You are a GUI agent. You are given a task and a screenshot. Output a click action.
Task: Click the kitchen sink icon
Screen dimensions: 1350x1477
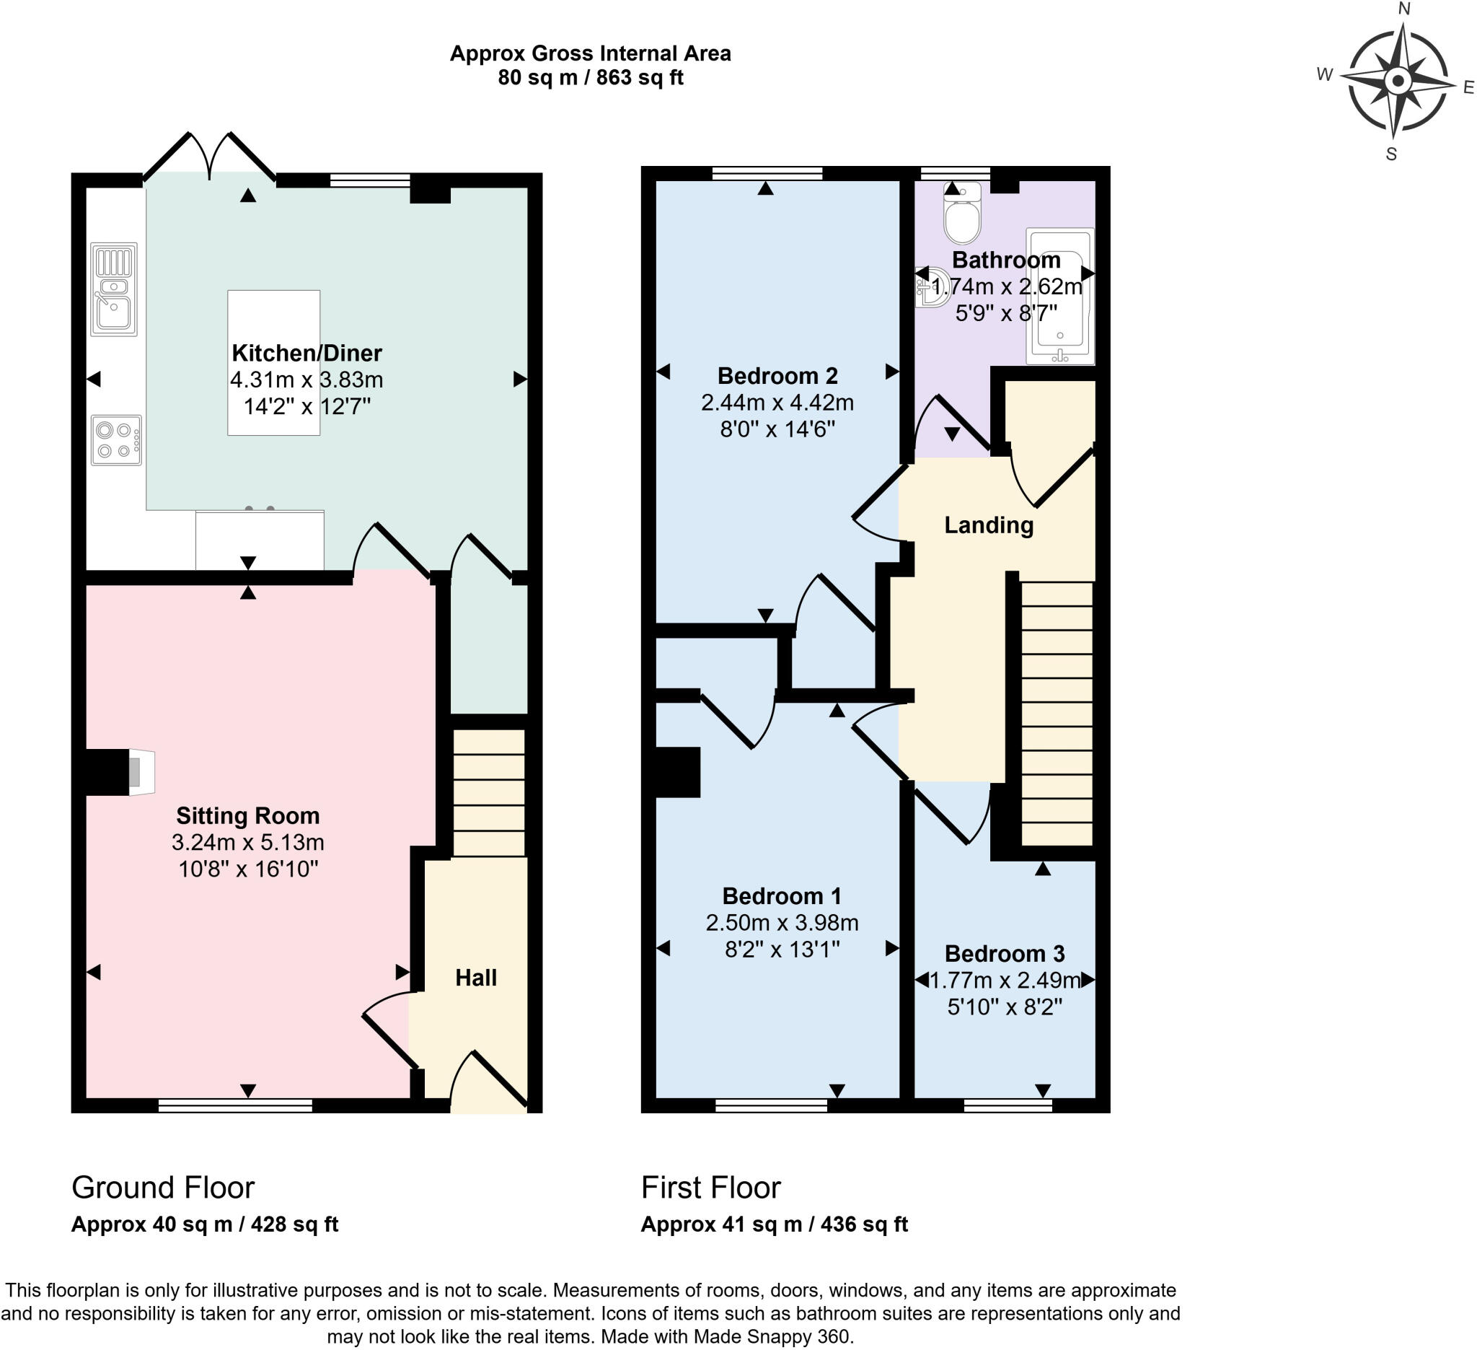(x=113, y=289)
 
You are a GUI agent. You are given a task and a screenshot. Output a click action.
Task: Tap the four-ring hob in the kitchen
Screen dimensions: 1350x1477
(x=116, y=439)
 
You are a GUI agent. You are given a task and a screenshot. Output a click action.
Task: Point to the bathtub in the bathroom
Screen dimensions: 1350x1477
(x=1060, y=295)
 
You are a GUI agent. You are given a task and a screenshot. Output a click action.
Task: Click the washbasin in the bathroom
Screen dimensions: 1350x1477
(x=930, y=287)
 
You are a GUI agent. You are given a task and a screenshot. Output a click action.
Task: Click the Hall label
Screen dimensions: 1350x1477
(x=475, y=978)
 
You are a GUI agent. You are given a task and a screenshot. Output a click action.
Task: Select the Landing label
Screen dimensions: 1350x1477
(x=988, y=525)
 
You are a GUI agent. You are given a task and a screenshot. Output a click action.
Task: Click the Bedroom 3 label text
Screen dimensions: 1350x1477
(x=1005, y=953)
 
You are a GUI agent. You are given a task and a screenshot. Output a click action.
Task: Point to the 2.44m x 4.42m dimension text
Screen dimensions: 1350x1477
(x=777, y=403)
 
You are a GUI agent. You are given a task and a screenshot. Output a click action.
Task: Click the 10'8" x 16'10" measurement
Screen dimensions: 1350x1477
(x=248, y=869)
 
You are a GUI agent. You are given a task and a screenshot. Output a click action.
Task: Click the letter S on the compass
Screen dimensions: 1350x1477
(x=1391, y=154)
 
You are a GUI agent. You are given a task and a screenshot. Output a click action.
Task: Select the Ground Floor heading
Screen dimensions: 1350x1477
(x=163, y=1188)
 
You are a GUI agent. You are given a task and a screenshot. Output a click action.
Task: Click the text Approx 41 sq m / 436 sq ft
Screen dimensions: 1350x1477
(x=774, y=1224)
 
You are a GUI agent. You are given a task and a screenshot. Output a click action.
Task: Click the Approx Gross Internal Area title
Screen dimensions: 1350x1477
(x=590, y=53)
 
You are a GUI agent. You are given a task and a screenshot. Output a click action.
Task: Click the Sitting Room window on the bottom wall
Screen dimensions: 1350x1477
(x=235, y=1105)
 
